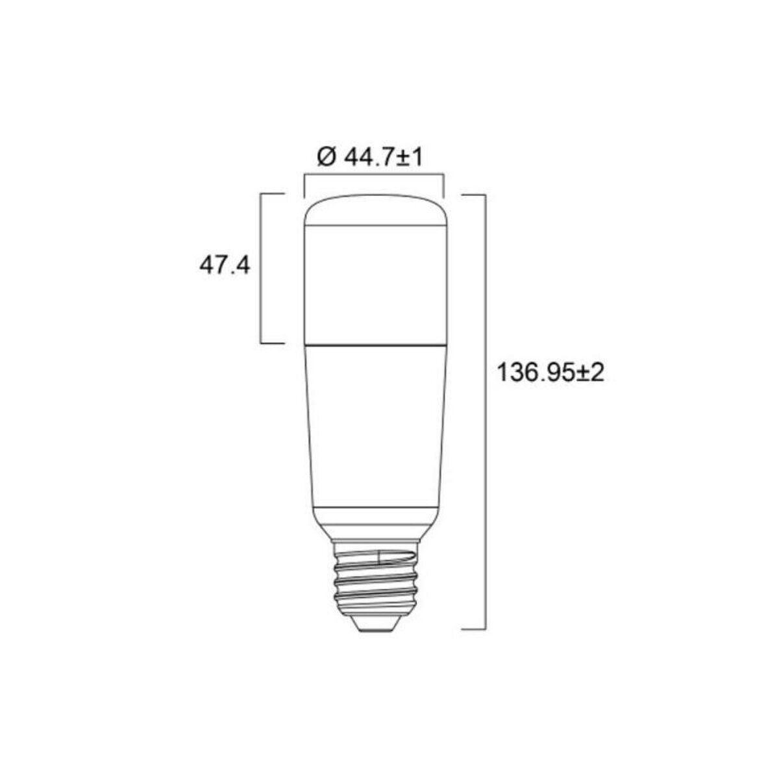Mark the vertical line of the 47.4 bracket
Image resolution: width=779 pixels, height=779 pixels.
click(x=261, y=267)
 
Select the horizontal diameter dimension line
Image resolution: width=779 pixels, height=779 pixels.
click(x=374, y=173)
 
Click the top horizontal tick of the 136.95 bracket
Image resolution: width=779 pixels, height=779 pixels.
click(x=474, y=194)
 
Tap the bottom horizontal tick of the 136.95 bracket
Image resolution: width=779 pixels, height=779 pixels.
click(x=474, y=628)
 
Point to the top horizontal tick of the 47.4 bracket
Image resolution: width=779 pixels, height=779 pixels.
click(x=273, y=193)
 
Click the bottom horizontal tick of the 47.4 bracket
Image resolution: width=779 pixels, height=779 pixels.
click(x=273, y=342)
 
